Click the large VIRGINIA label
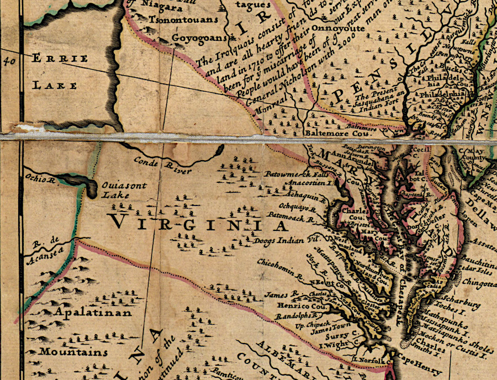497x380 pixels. [x=199, y=224]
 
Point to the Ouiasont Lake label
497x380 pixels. [x=124, y=189]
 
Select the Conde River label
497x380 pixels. [x=163, y=166]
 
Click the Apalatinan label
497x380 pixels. [x=93, y=313]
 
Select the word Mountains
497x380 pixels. [x=74, y=352]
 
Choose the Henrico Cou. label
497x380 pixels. [x=288, y=305]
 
